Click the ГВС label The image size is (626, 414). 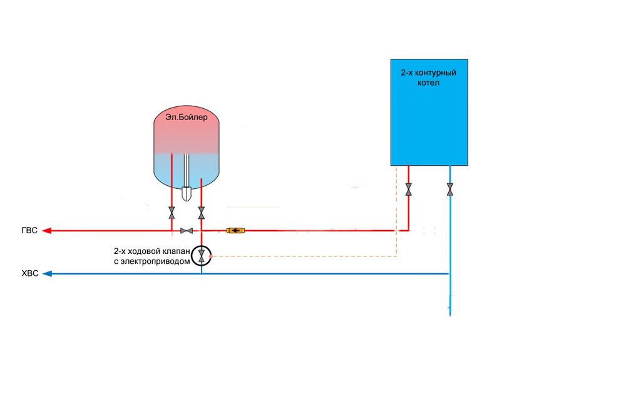tap(28, 231)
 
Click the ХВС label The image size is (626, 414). tap(29, 274)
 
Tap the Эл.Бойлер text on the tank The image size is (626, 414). tap(187, 117)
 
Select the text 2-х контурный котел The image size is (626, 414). tap(428, 78)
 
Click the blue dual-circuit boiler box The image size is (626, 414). tap(429, 125)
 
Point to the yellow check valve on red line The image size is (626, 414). tap(235, 231)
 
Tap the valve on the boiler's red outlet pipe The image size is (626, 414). tap(409, 189)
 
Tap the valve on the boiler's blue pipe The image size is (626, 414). tap(450, 189)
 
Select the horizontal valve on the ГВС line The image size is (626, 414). tap(186, 231)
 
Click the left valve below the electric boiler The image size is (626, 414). tap(172, 213)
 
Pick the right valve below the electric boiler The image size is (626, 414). tap(201, 213)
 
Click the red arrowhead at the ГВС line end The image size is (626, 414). tap(46, 231)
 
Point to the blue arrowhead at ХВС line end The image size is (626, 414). tap(46, 274)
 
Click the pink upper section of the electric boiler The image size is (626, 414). tap(187, 134)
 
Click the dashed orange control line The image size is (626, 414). tap(300, 256)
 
